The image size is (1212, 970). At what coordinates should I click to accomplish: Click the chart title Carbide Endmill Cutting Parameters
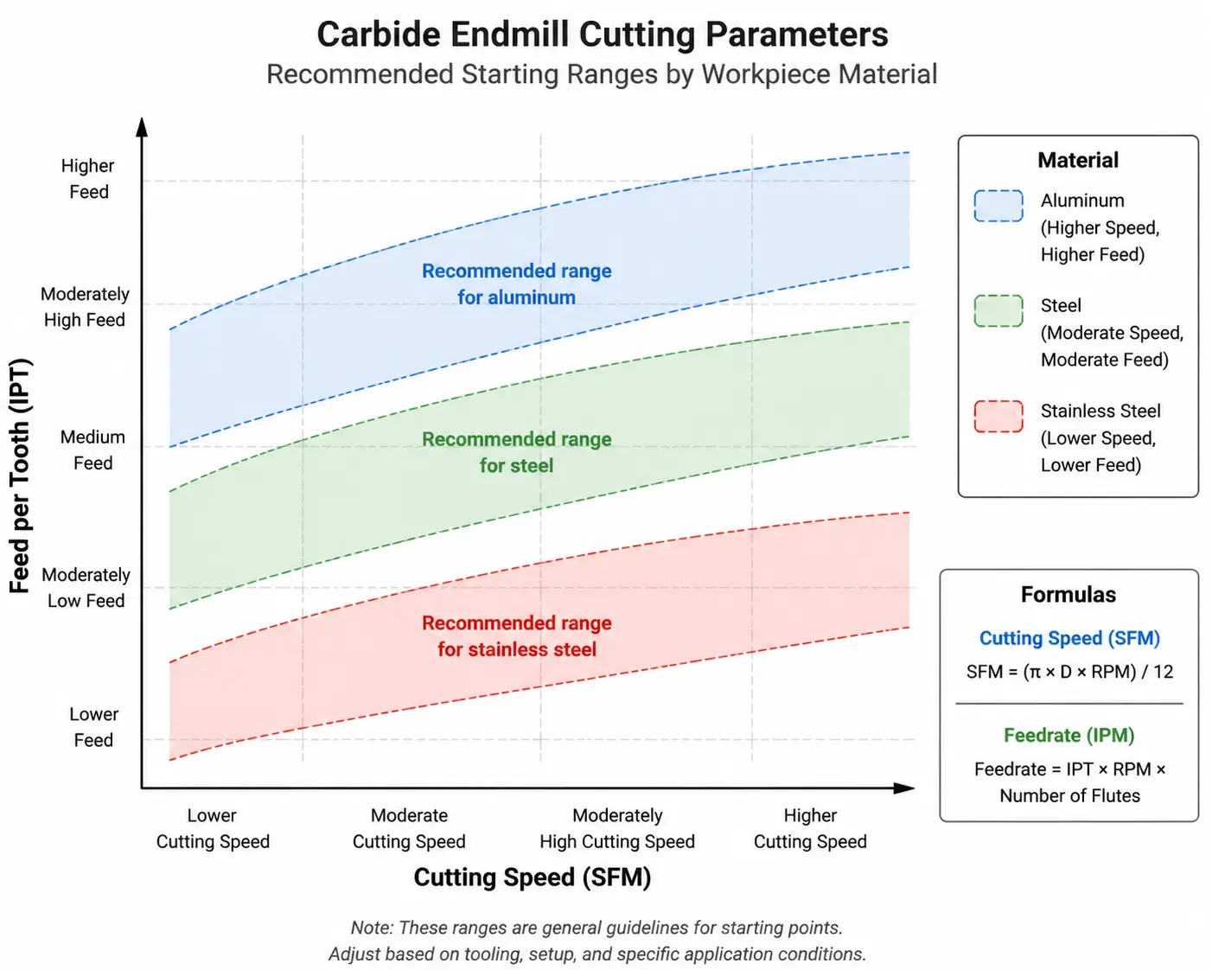pyautogui.click(x=602, y=35)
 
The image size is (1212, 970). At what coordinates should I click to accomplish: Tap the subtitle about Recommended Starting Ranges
pyautogui.click(x=602, y=74)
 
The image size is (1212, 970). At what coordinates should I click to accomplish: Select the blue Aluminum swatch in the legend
pyautogui.click(x=998, y=206)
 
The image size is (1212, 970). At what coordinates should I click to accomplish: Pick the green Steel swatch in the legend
pyautogui.click(x=998, y=311)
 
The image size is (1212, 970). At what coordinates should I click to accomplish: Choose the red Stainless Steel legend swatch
pyautogui.click(x=998, y=417)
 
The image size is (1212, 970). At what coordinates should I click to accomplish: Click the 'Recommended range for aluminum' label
pyautogui.click(x=516, y=284)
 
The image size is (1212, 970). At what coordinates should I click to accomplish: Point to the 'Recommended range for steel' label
pyautogui.click(x=516, y=452)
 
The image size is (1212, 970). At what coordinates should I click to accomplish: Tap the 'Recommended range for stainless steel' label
pyautogui.click(x=516, y=636)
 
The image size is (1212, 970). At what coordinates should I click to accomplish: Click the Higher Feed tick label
pyautogui.click(x=88, y=179)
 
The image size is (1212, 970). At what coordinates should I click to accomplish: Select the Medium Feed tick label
pyautogui.click(x=92, y=450)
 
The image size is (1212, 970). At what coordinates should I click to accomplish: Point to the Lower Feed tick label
pyautogui.click(x=93, y=727)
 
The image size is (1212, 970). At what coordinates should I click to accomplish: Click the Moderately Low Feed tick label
pyautogui.click(x=86, y=588)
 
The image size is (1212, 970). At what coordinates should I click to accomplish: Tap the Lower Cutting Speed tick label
pyautogui.click(x=213, y=828)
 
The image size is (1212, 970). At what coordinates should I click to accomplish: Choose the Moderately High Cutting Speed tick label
pyautogui.click(x=617, y=828)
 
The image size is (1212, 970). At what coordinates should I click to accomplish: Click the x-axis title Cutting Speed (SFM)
pyautogui.click(x=533, y=877)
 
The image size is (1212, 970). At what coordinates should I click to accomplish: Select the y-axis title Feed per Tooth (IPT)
pyautogui.click(x=20, y=475)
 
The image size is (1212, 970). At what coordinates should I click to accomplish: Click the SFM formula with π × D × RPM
pyautogui.click(x=1069, y=672)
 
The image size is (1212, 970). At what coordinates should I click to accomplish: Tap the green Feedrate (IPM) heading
pyautogui.click(x=1069, y=735)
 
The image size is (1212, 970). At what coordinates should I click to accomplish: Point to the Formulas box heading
pyautogui.click(x=1068, y=595)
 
